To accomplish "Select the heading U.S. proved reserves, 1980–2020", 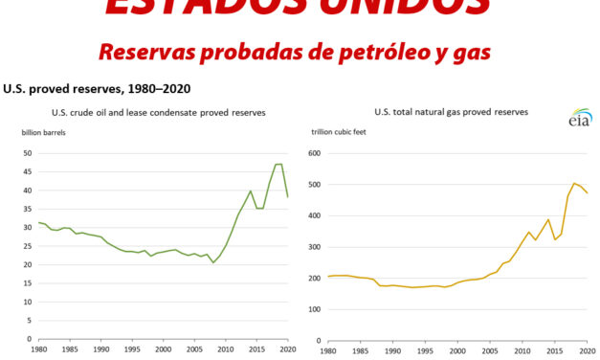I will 97,89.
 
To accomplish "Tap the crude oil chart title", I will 158,112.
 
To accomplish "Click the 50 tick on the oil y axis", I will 27,153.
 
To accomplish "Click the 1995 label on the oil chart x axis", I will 132,349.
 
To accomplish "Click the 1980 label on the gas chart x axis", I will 328,349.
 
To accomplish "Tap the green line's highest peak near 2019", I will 278,164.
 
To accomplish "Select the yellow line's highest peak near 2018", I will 574,183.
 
